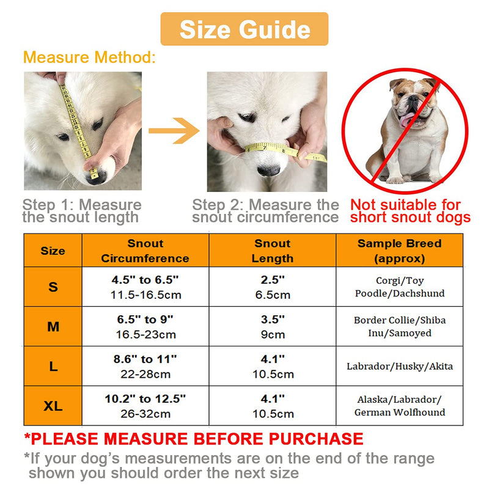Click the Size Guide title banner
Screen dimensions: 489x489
point(244,29)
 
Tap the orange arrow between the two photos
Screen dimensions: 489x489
point(174,130)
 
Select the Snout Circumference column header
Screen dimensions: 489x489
point(145,251)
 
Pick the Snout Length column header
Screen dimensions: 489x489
point(273,251)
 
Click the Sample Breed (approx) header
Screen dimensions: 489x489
point(400,251)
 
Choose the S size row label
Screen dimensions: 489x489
point(53,287)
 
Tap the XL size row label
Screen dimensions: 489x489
point(53,406)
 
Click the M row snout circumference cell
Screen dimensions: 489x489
point(145,326)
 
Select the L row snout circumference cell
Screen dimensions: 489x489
point(145,366)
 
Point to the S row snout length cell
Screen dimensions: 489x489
point(273,287)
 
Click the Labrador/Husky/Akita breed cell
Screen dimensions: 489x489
point(400,366)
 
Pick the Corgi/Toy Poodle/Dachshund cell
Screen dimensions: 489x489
point(400,287)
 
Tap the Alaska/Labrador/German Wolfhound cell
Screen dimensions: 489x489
point(400,406)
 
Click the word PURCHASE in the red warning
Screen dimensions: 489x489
point(316,439)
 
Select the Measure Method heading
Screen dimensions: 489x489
point(89,57)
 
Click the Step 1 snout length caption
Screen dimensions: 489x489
point(82,211)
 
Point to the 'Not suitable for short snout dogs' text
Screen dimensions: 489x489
point(410,211)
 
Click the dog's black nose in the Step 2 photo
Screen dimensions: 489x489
point(268,171)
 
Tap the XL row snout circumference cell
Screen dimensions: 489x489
point(145,406)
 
